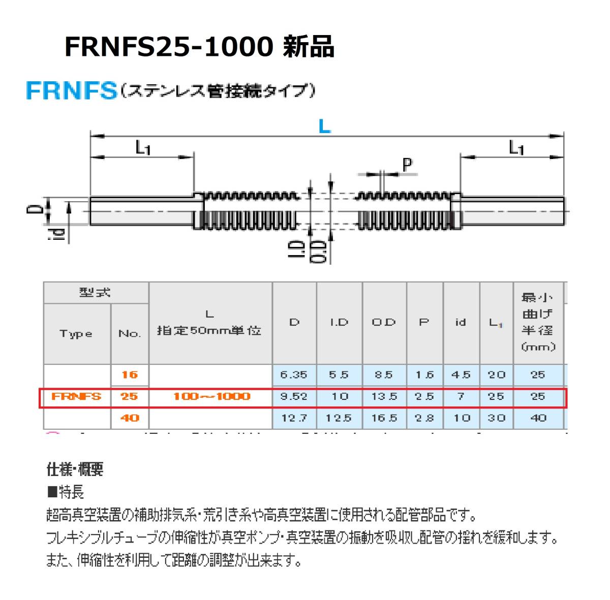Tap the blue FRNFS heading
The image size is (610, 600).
click(x=71, y=91)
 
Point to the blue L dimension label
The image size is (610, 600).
click(x=324, y=126)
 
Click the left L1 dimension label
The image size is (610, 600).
click(x=143, y=148)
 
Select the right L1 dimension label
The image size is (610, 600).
click(x=516, y=148)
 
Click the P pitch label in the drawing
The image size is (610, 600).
click(x=407, y=165)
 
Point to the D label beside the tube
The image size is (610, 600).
click(x=34, y=209)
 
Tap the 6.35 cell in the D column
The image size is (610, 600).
click(x=294, y=375)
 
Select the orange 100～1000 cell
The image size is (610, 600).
click(x=211, y=396)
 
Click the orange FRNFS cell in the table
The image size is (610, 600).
click(x=77, y=396)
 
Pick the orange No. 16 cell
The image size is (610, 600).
click(x=130, y=375)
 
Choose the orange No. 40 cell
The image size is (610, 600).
click(x=130, y=418)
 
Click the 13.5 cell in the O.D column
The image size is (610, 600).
click(x=384, y=396)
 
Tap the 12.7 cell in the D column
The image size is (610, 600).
click(x=294, y=418)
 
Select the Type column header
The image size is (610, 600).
click(x=76, y=334)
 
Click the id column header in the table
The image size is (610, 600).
click(x=461, y=322)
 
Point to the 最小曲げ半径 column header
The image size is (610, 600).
click(x=538, y=322)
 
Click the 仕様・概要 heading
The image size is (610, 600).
click(x=75, y=469)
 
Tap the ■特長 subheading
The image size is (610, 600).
click(x=65, y=492)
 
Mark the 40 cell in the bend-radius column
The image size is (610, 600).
click(x=538, y=418)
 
